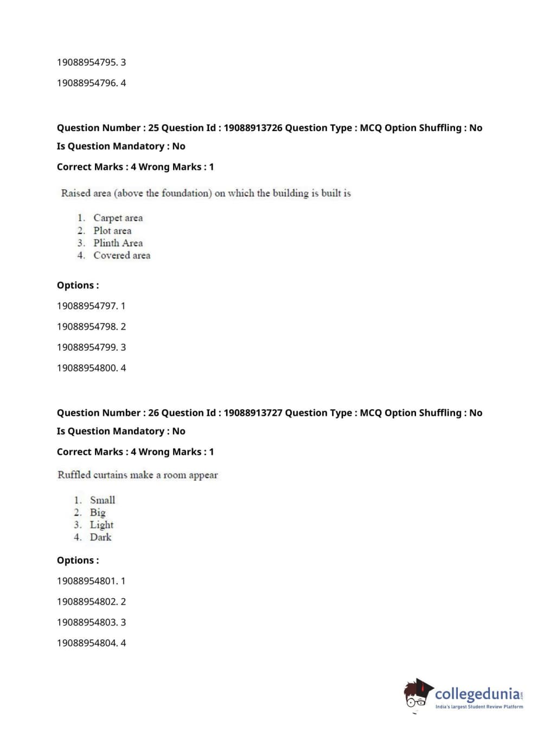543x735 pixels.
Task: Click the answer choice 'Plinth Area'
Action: tap(118, 243)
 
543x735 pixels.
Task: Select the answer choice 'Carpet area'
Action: tap(118, 218)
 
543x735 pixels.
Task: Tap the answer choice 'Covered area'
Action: tap(122, 255)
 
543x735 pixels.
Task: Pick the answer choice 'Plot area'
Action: tap(112, 230)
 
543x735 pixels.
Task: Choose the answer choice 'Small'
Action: tap(103, 500)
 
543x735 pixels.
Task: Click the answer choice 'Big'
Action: tap(98, 512)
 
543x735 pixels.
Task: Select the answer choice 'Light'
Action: tap(101, 525)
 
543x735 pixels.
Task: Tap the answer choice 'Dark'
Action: tap(100, 537)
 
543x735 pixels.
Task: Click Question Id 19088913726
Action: tap(253, 128)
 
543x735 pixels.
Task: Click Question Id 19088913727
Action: tap(253, 412)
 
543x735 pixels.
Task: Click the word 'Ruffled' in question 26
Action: tap(74, 475)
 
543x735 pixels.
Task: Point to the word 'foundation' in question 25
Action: tap(170, 193)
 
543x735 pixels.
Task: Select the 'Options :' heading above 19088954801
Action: tap(78, 560)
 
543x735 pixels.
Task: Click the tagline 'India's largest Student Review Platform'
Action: tap(479, 707)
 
